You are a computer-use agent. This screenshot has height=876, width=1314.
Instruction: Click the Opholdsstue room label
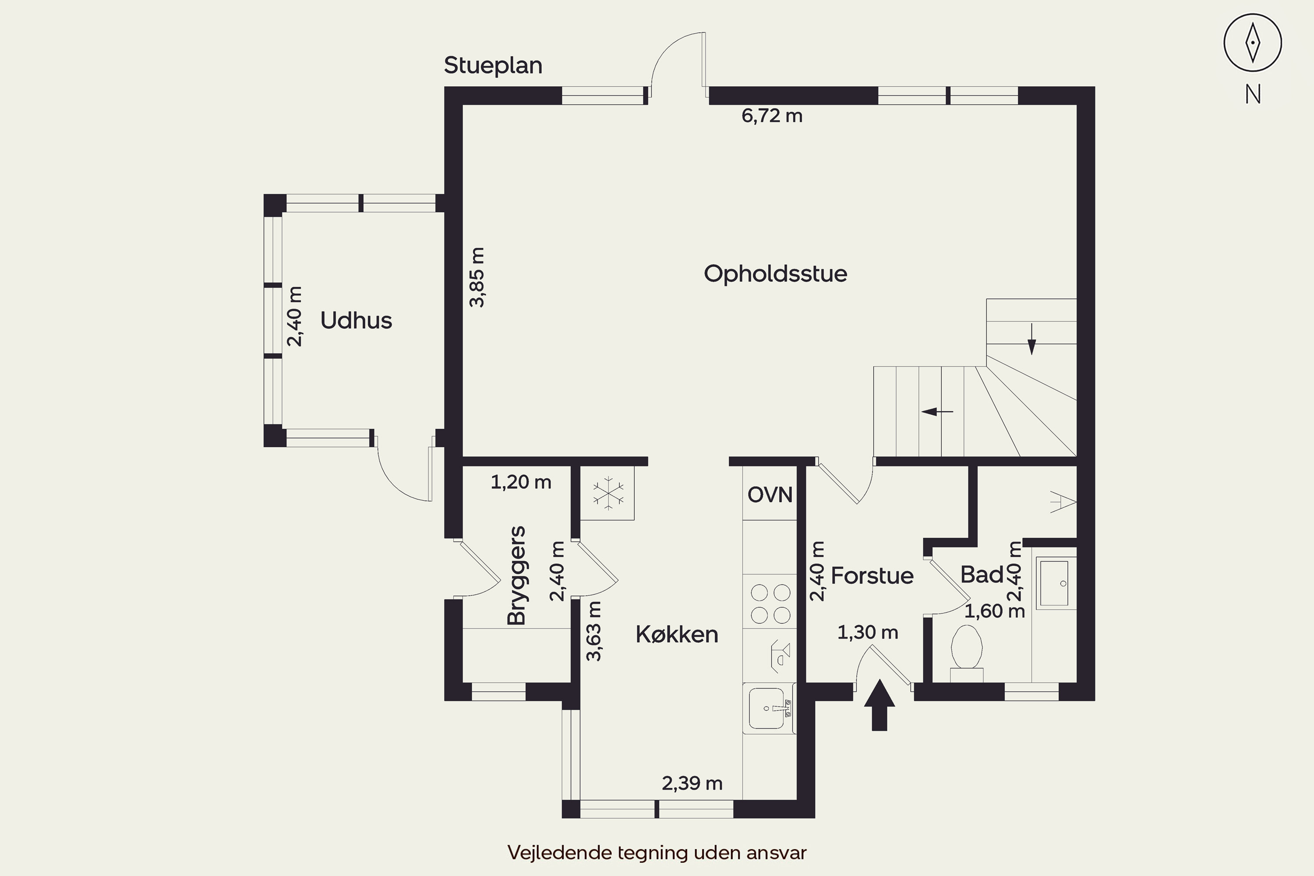point(775,274)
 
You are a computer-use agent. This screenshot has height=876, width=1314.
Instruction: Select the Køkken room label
point(677,635)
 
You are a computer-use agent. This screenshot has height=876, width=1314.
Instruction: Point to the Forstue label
point(872,576)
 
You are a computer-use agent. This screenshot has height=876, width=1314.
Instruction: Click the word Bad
point(982,574)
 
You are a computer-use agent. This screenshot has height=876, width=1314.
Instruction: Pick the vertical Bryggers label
point(517,575)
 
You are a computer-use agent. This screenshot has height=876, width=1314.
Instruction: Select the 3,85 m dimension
point(477,277)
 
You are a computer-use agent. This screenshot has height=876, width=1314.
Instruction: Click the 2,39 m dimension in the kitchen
point(692,783)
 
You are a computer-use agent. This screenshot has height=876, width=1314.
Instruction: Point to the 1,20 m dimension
point(521,482)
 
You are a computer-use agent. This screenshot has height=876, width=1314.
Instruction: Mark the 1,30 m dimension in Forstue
point(868,632)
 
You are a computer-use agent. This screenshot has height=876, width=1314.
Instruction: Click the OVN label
point(770,495)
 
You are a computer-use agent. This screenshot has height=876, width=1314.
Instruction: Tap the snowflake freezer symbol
point(608,493)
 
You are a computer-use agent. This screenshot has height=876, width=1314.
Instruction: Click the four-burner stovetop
point(770,604)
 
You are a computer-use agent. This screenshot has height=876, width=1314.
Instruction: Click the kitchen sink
point(769,708)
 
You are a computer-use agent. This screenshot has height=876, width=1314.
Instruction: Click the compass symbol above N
point(1253,43)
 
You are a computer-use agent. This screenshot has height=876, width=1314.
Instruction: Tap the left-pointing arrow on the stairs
point(937,412)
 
